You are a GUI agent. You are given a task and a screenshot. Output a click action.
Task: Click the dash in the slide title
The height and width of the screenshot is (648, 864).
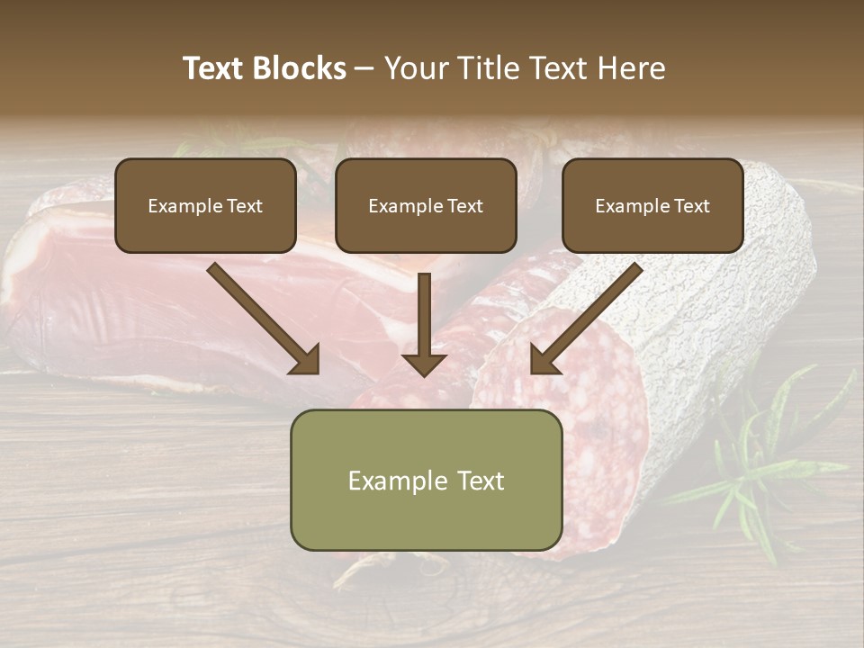click(364, 69)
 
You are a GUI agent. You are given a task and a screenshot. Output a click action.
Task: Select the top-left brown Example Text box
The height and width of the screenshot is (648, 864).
click(205, 205)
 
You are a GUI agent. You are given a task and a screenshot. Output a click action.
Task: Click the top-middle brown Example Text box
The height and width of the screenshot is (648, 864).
click(426, 205)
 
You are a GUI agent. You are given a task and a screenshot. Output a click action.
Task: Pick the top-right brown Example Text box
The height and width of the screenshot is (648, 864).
click(652, 205)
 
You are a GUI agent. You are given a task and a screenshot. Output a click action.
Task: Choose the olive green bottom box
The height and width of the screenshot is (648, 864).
click(426, 480)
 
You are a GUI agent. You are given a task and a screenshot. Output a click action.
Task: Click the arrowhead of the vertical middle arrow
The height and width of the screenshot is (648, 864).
click(424, 364)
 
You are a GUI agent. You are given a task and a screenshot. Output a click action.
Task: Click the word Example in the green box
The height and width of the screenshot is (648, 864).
click(392, 481)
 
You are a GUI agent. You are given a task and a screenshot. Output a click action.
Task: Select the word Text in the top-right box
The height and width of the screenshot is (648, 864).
click(691, 206)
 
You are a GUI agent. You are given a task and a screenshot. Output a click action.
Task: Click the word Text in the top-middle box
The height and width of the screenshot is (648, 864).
click(464, 206)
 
